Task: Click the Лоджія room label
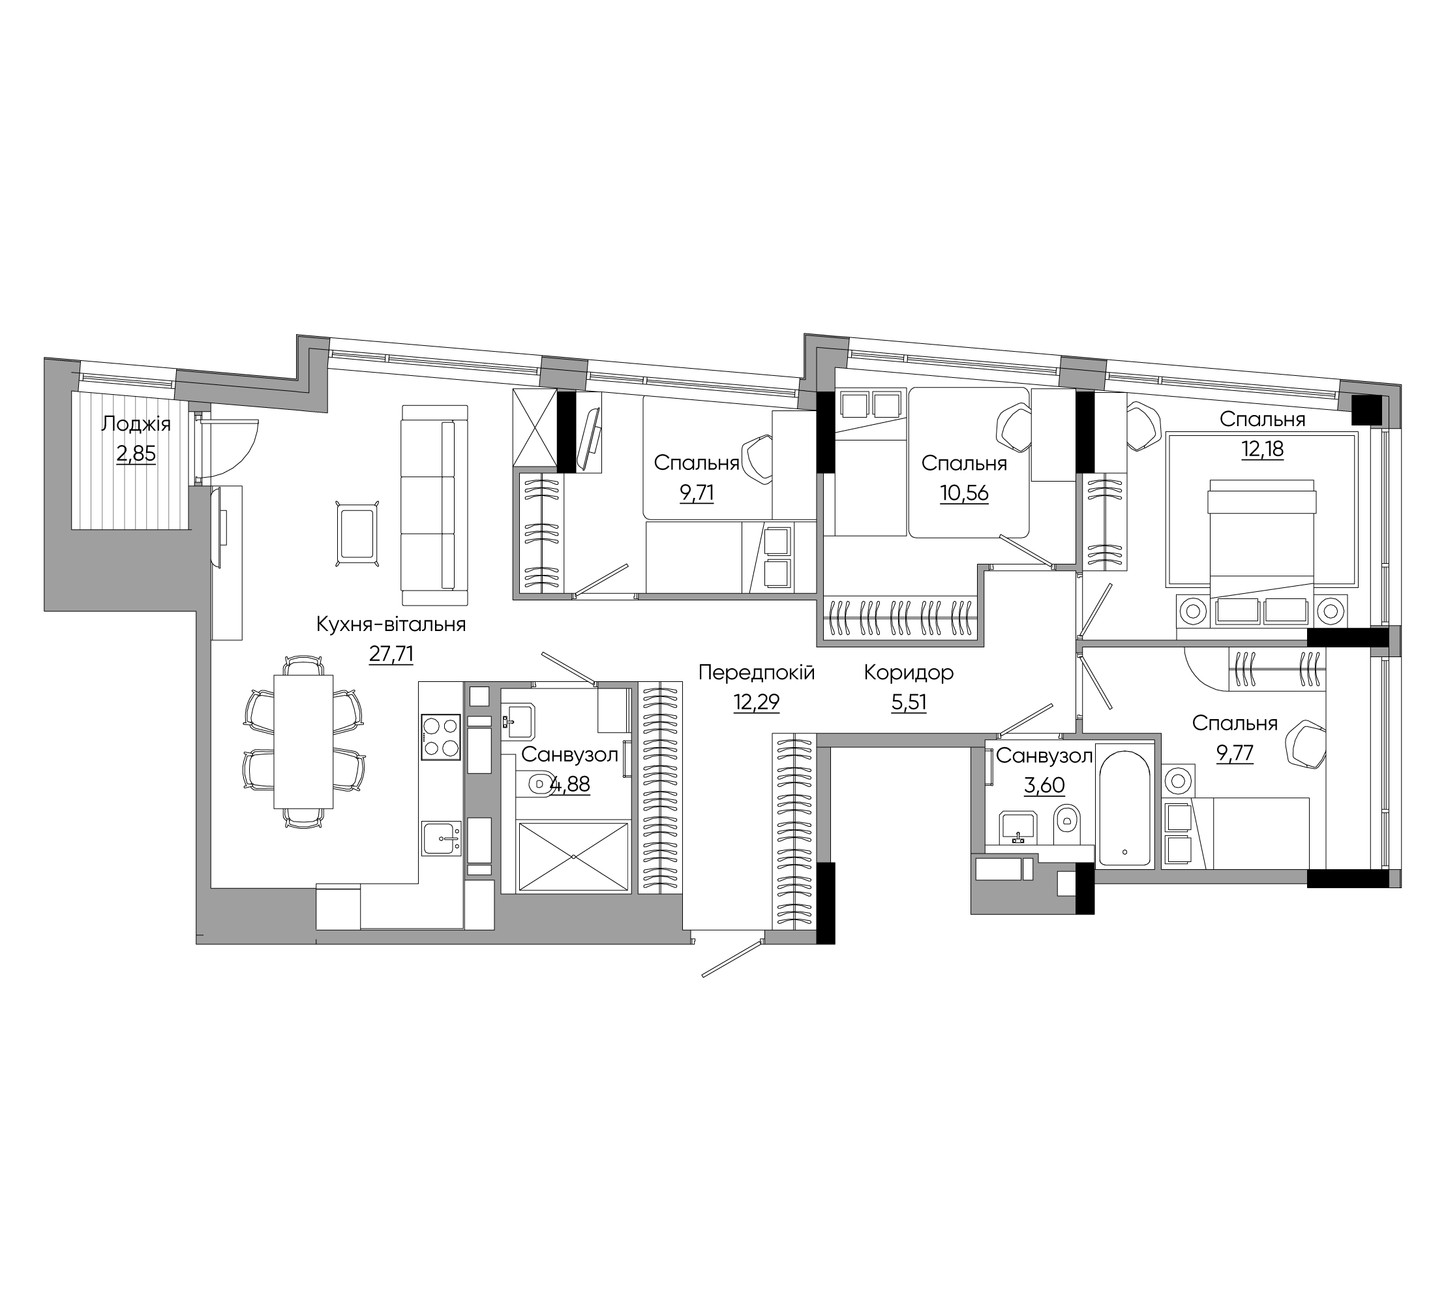[x=136, y=425]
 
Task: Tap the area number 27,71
[x=391, y=655]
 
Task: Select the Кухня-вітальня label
[x=391, y=625]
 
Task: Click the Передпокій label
[x=757, y=673]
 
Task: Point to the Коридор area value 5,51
[x=909, y=703]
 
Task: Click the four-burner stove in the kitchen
[x=441, y=737]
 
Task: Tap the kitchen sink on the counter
[x=442, y=838]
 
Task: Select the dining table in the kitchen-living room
[x=303, y=742]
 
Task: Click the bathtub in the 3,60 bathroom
[x=1124, y=808]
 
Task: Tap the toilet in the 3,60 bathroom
[x=1067, y=823]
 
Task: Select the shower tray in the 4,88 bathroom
[x=573, y=857]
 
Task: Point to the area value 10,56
[x=964, y=494]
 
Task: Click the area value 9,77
[x=1235, y=754]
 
